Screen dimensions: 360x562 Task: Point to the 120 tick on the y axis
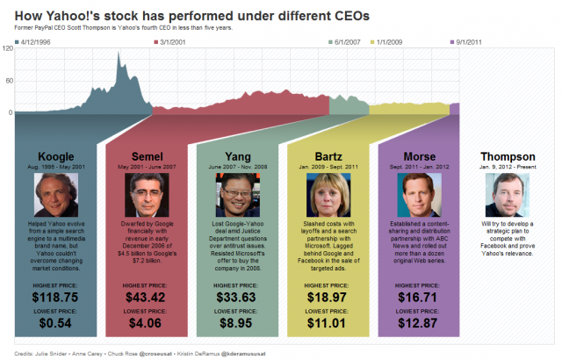pos(8,49)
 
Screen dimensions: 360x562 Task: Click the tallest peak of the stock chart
pos(119,54)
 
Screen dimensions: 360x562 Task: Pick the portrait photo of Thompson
pos(508,195)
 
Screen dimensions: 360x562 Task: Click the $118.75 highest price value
pos(55,299)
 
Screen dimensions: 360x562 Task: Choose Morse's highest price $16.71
pos(418,299)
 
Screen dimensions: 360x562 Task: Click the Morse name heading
pos(418,156)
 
